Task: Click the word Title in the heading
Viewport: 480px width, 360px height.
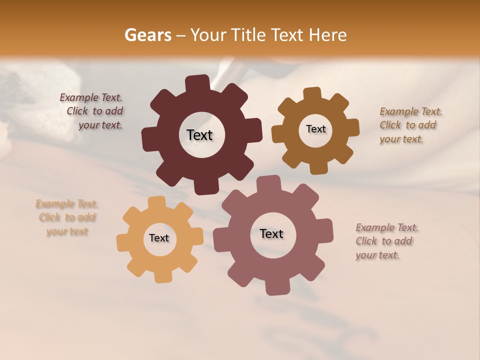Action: (250, 35)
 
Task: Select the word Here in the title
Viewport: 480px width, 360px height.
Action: (328, 35)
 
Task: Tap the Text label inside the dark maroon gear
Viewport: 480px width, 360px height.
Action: (199, 135)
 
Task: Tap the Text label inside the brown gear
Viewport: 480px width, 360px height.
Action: (315, 129)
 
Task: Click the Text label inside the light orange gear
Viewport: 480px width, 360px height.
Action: (159, 238)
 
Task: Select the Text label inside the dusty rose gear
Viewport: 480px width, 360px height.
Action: (271, 233)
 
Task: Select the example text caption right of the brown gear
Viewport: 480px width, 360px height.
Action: (410, 125)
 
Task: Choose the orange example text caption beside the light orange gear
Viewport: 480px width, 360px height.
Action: (67, 217)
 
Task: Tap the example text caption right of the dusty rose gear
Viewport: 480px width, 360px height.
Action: (386, 241)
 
